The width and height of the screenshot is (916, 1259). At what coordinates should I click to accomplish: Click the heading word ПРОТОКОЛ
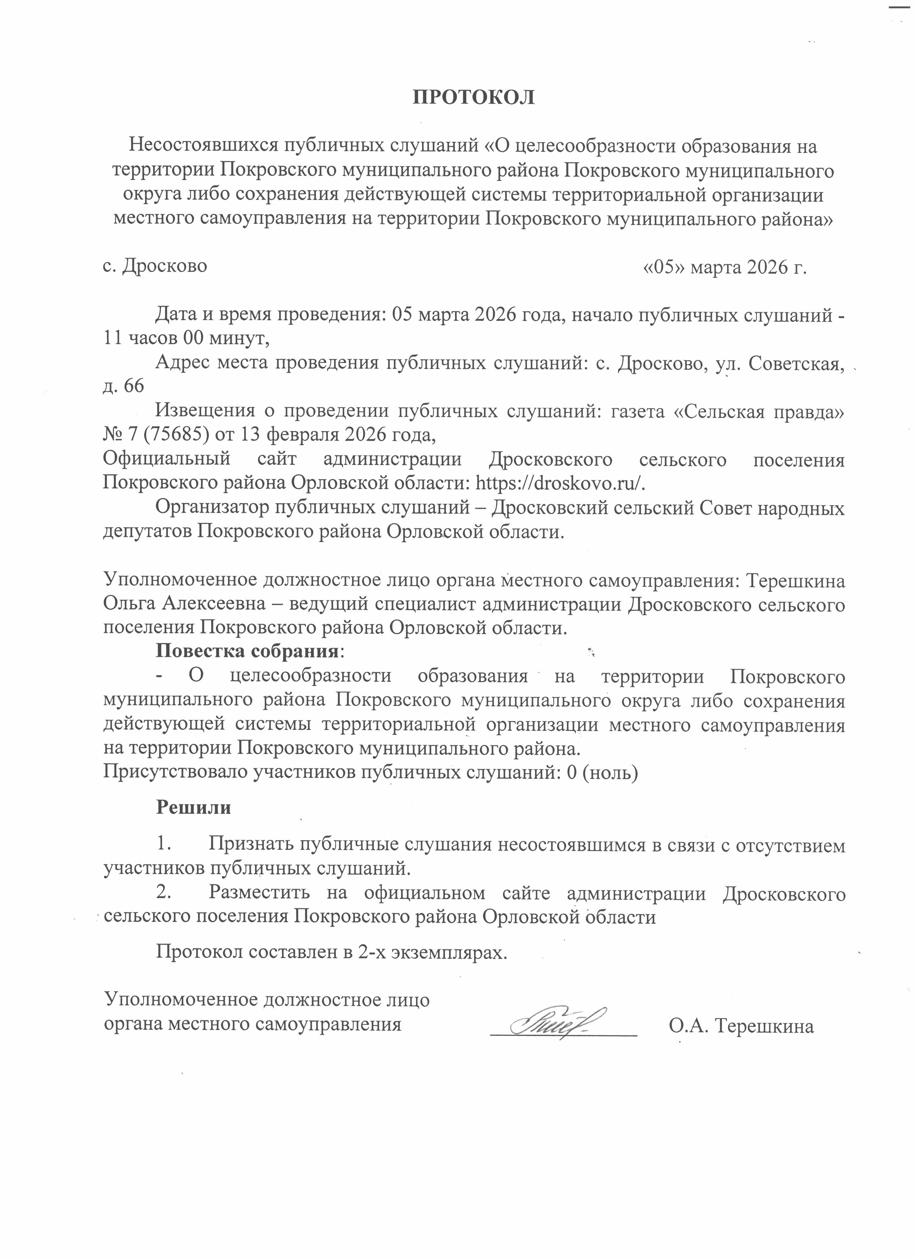(473, 97)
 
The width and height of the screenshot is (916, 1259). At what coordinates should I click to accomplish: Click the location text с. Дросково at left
(155, 266)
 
